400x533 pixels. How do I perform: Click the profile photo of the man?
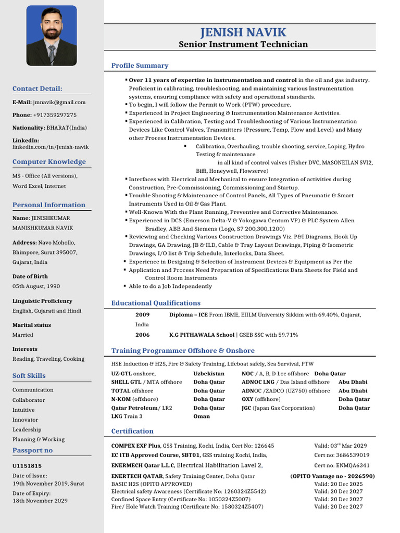(52, 35)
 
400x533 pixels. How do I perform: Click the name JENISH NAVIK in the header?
(243, 32)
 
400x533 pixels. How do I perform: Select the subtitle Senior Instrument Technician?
(243, 44)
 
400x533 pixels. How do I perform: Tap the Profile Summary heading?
(140, 66)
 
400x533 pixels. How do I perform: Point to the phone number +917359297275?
(55, 115)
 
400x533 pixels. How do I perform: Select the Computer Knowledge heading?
(49, 162)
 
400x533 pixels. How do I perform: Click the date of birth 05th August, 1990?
(36, 286)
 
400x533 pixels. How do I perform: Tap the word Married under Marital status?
(23, 335)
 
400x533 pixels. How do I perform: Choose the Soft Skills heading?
(29, 376)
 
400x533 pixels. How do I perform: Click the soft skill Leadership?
(27, 429)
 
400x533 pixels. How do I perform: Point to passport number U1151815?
(27, 466)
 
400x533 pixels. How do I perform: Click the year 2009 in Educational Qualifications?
(142, 315)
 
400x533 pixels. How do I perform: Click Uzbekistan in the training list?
(209, 374)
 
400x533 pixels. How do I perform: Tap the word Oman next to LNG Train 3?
(202, 416)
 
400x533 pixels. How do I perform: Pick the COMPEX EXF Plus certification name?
(135, 446)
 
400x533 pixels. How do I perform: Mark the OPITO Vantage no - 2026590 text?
(332, 476)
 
